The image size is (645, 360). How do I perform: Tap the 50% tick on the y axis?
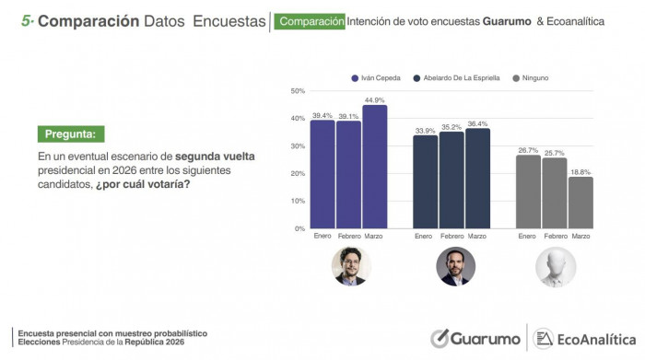coord(298,91)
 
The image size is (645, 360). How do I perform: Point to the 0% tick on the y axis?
coord(299,228)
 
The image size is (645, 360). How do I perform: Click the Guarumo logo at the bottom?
coord(475,339)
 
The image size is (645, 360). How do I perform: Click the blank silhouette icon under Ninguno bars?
coord(555,267)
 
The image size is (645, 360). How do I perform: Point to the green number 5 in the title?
coord(26,20)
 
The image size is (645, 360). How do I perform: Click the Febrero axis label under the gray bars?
coord(555,237)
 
